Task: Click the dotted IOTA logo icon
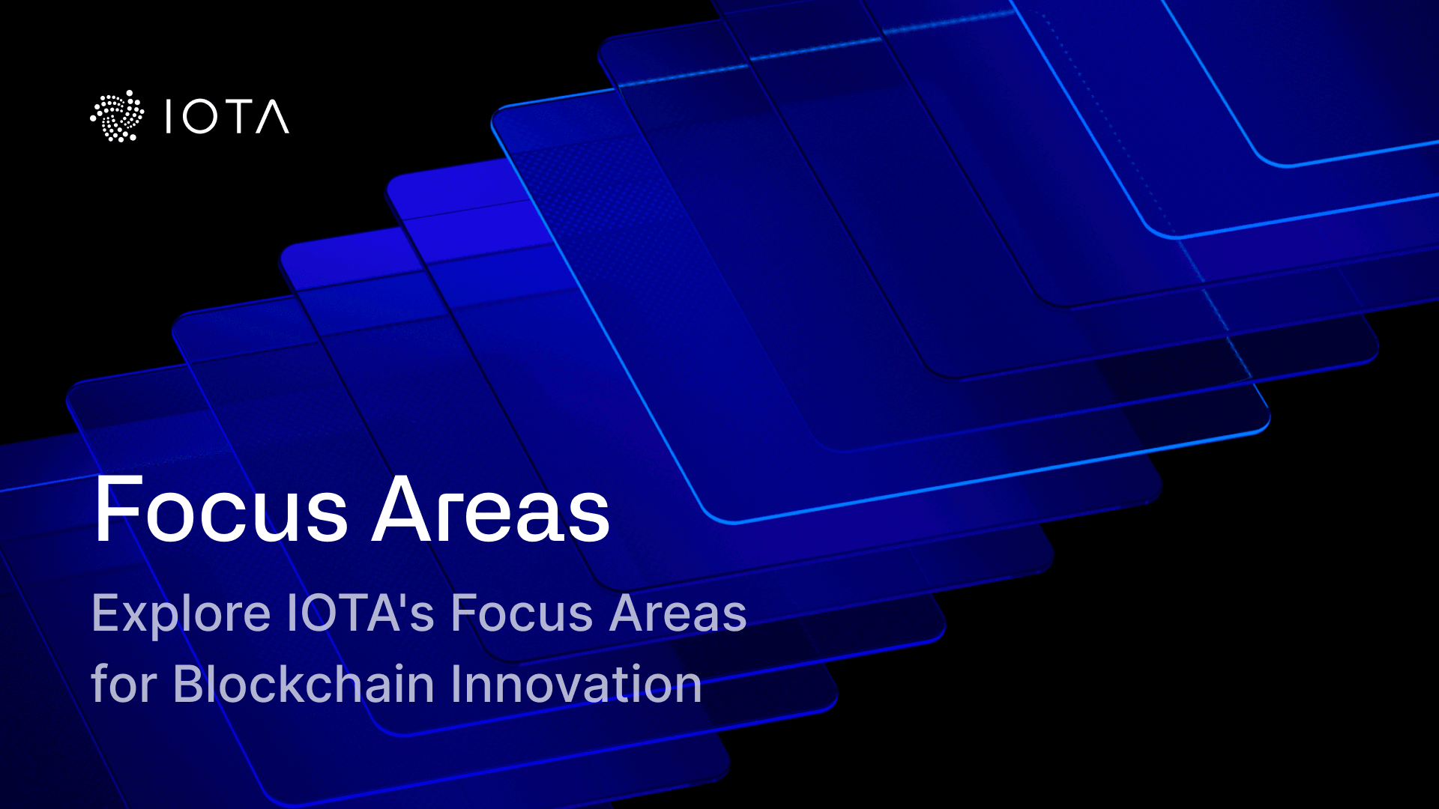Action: tap(117, 116)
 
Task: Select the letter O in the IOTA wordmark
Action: tap(200, 117)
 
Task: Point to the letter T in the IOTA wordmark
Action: tap(237, 117)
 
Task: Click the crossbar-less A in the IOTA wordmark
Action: tap(272, 117)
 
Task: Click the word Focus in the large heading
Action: tap(221, 510)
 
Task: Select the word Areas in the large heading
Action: tap(491, 510)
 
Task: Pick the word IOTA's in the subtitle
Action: tap(360, 613)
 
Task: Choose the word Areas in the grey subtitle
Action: tap(678, 613)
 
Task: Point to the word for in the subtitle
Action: tap(123, 683)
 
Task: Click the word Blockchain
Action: tap(304, 683)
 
